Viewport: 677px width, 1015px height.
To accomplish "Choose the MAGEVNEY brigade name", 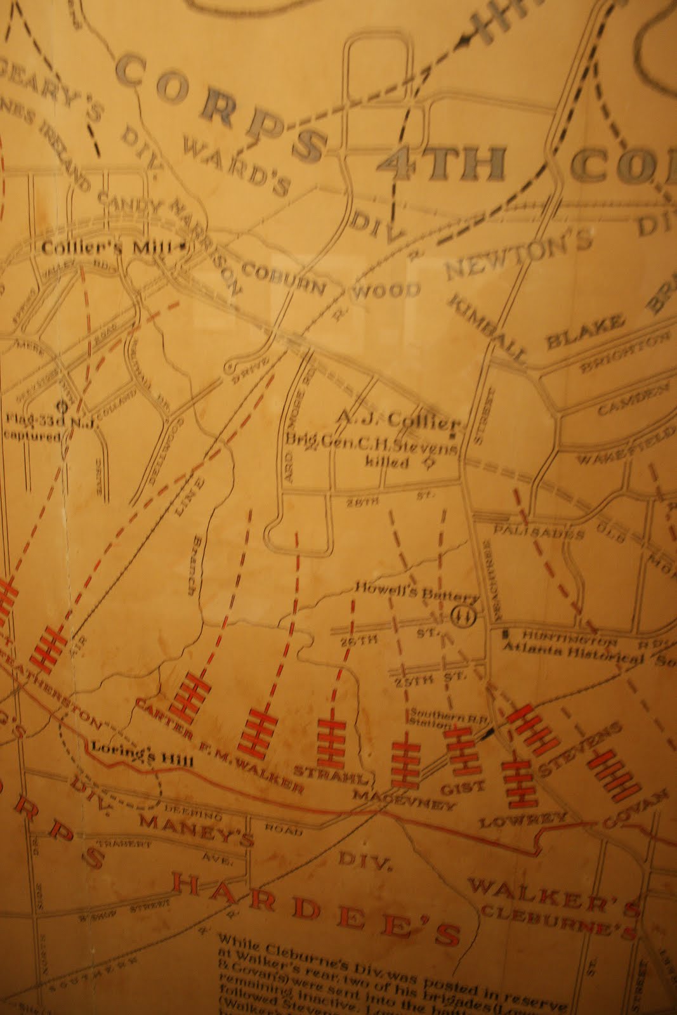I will [x=404, y=801].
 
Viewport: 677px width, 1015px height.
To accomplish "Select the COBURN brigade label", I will [x=283, y=280].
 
